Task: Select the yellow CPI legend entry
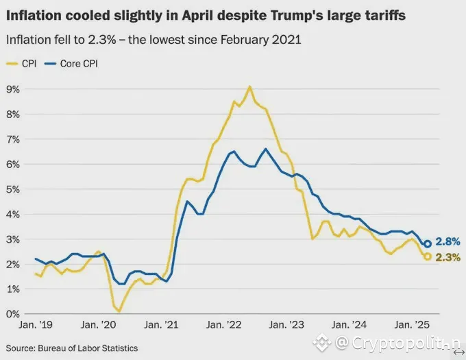click(22, 64)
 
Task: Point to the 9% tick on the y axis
click(12, 89)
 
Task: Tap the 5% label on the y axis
click(12, 189)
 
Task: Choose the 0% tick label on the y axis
click(12, 314)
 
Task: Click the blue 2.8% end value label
click(447, 241)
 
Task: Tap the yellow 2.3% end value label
click(447, 257)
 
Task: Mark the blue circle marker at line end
click(428, 243)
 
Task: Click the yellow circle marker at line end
click(428, 256)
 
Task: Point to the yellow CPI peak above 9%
click(249, 86)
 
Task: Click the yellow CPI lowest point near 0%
click(119, 311)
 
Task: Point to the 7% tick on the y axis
click(12, 139)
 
